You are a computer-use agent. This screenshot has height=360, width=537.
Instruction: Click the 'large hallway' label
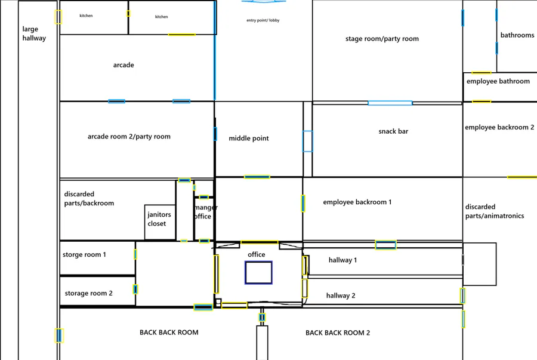(x=34, y=33)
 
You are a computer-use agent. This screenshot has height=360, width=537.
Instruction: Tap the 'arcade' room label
(x=124, y=65)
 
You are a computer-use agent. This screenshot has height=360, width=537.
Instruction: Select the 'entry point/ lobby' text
(x=263, y=20)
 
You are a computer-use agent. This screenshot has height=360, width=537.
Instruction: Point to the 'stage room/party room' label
(x=382, y=39)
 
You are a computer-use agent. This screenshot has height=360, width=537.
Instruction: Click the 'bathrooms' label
(x=517, y=35)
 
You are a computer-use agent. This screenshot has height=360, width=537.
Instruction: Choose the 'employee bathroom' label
(x=498, y=81)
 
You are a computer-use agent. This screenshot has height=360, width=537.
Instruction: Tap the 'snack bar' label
(x=393, y=131)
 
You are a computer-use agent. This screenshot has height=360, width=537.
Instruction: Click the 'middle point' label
(x=249, y=139)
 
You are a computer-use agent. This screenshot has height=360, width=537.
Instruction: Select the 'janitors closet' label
(x=159, y=219)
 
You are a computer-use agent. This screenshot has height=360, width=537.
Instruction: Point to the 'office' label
(x=256, y=254)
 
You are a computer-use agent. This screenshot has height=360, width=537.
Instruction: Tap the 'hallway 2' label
(x=341, y=296)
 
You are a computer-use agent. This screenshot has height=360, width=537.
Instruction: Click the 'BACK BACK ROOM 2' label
(x=338, y=333)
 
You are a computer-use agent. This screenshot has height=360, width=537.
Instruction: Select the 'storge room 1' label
(x=84, y=254)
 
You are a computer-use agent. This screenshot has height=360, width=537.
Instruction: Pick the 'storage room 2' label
(x=88, y=293)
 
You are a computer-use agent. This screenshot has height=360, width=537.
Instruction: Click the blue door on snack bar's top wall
(x=390, y=103)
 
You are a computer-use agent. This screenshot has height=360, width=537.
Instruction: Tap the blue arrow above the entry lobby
(x=264, y=1)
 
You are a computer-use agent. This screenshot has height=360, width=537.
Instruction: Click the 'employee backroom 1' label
(x=357, y=202)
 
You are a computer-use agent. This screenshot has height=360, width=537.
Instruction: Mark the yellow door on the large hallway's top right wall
(x=58, y=17)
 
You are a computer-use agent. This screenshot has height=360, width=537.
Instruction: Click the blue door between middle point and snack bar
(x=307, y=141)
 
